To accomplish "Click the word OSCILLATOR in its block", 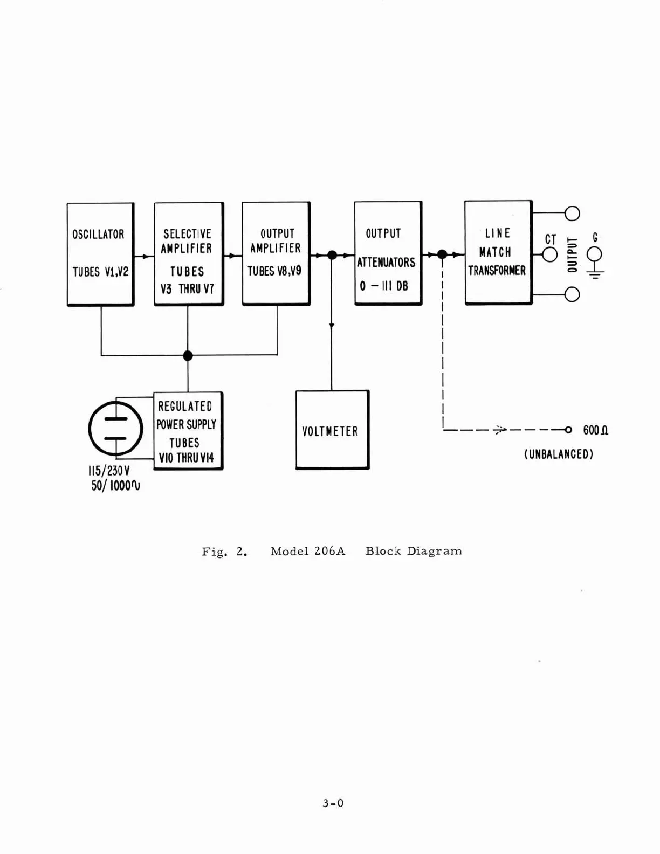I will tap(98, 235).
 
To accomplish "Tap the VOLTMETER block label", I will tap(329, 431).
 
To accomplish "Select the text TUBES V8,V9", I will tap(274, 271).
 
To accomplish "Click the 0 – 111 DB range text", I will tap(384, 286).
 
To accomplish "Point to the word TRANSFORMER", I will tap(497, 271).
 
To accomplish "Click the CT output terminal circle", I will tap(549, 254).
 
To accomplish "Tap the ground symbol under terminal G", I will tap(595, 273).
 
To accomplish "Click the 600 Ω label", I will tap(595, 430).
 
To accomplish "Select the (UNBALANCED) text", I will tap(558, 454).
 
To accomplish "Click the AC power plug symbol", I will tap(115, 429).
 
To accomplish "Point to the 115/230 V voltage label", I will tap(109, 471).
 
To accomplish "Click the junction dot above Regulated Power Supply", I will tap(188, 355).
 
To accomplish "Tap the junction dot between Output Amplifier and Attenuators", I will tap(332, 255).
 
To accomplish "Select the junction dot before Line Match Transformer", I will tap(442, 254).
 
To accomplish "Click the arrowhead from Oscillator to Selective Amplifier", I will tap(146, 256).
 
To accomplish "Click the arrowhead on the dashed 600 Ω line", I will tap(500, 430).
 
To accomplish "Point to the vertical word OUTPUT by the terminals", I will tap(572, 254).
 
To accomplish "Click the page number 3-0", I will tap(333, 803).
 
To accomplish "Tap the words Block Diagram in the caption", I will tap(414, 551).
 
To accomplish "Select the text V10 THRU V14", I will tap(186, 458).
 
